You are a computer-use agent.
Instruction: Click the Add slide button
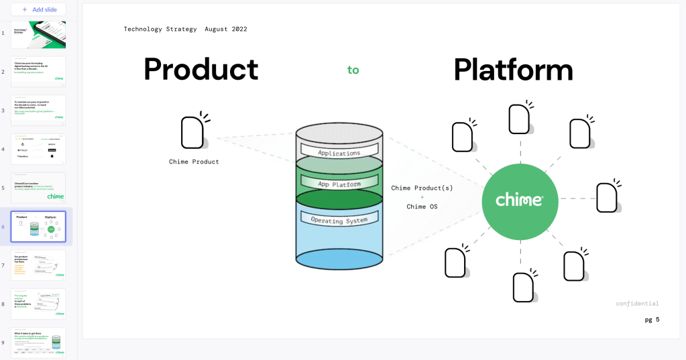tap(38, 9)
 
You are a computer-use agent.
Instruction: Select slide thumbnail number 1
tap(38, 34)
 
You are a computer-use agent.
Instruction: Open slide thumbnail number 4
tap(38, 149)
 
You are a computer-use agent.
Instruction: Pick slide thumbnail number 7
tap(38, 265)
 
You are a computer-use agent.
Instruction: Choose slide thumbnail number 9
tap(38, 343)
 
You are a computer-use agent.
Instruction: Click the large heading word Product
tap(201, 69)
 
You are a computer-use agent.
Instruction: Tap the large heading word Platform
tap(513, 69)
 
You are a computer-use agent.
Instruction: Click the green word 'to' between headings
tap(353, 70)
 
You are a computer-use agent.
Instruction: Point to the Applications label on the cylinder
tap(339, 152)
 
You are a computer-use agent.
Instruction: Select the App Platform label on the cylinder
tap(339, 183)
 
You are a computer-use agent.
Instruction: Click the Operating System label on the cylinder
tap(339, 219)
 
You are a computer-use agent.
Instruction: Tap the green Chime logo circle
tap(520, 199)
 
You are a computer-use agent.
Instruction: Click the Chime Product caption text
tap(194, 162)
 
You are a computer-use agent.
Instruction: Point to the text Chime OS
tap(422, 206)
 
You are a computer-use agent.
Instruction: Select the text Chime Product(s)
tap(422, 188)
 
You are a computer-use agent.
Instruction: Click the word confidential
tap(637, 304)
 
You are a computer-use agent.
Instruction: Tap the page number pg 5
tap(652, 320)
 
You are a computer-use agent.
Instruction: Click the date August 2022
tap(226, 29)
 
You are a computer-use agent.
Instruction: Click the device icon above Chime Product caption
tap(193, 132)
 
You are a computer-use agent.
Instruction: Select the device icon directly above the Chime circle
tap(520, 118)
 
